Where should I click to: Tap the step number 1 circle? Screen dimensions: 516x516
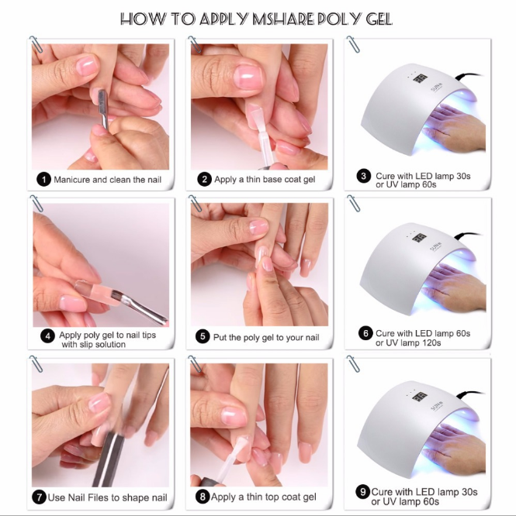pyautogui.click(x=44, y=180)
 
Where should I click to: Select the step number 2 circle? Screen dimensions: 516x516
pyautogui.click(x=204, y=180)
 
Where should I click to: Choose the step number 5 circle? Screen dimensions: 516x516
pyautogui.click(x=203, y=337)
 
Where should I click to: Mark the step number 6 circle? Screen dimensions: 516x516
pyautogui.click(x=365, y=334)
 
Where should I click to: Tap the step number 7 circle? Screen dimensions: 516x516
pyautogui.click(x=39, y=496)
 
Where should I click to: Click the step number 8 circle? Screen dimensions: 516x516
pyautogui.click(x=203, y=496)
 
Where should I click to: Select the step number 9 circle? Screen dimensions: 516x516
pyautogui.click(x=363, y=492)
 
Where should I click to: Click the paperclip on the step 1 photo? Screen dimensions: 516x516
pyautogui.click(x=36, y=46)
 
